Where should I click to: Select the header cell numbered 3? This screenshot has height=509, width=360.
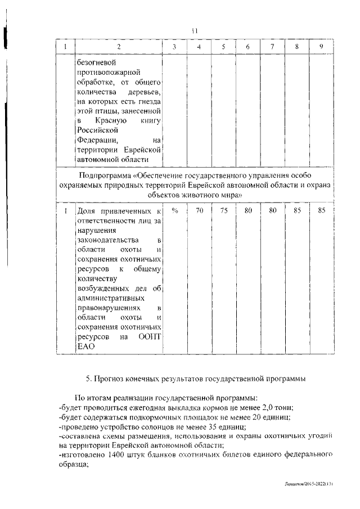tap(175, 46)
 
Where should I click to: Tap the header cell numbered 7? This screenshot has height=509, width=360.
tap(272, 46)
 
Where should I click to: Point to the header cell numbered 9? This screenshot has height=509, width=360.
tap(321, 46)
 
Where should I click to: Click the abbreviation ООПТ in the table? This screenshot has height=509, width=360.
tap(149, 337)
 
